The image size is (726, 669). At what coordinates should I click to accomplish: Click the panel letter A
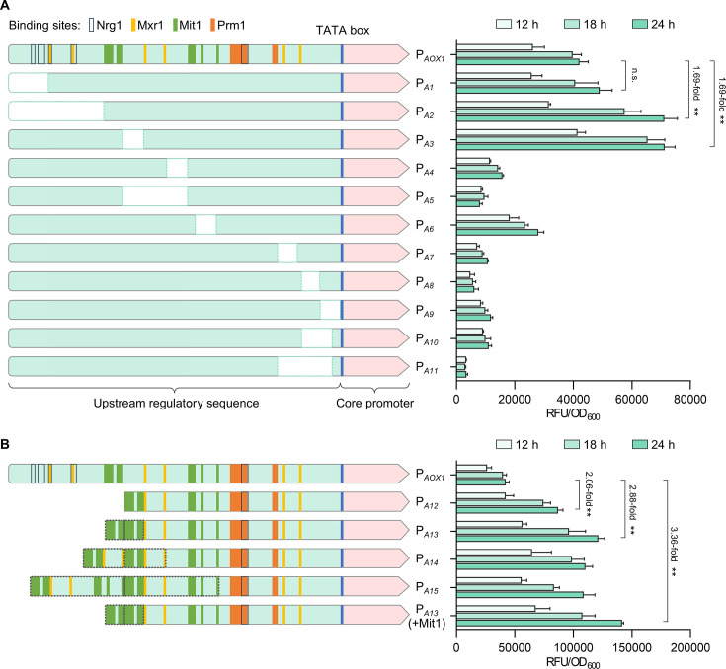point(7,7)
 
